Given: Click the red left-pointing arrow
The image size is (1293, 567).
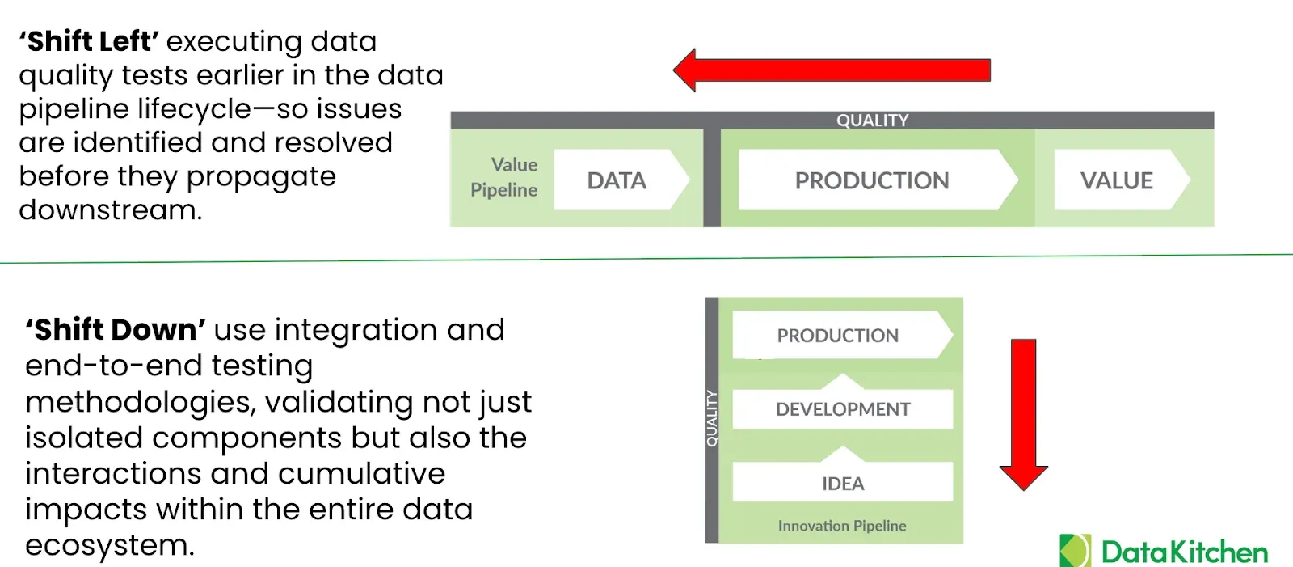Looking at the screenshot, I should [x=832, y=70].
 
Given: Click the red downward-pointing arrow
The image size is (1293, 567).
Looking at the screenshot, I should [x=1023, y=413].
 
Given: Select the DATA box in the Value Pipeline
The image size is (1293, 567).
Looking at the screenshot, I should [x=617, y=180].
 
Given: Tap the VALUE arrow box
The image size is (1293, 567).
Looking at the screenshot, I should [x=1117, y=180].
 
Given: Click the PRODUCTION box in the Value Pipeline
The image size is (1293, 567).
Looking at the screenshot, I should [x=872, y=180].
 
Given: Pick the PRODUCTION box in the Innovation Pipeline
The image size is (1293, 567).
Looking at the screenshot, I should [x=838, y=336].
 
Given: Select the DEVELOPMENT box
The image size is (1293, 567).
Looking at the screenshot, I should [x=843, y=409].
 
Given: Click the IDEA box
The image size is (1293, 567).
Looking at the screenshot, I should [x=843, y=483].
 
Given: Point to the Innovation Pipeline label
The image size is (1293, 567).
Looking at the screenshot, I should [x=842, y=526].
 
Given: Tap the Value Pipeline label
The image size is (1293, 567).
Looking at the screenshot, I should [x=504, y=177].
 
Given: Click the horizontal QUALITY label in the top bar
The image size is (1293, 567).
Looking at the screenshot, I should [x=872, y=121].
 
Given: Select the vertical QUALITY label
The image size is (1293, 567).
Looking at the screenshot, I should [x=712, y=418].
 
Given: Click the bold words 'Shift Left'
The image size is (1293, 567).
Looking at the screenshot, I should [x=89, y=41].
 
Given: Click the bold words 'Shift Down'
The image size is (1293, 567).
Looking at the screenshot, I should [x=116, y=330].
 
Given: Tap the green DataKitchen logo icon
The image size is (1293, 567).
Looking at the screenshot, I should [x=1075, y=551].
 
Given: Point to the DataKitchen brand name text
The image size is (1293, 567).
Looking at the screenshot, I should [x=1185, y=552].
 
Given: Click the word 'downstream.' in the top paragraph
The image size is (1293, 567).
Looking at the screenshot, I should [x=111, y=210].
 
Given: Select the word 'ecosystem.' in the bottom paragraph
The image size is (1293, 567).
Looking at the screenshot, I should [x=110, y=545].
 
